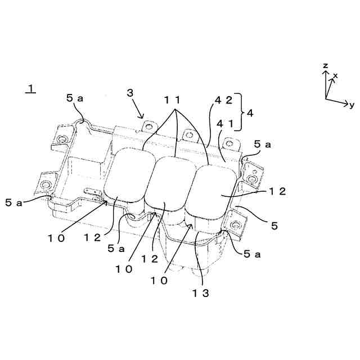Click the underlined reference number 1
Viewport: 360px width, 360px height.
click(x=30, y=88)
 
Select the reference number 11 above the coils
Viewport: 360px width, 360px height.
click(x=172, y=100)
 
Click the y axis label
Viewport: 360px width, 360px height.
click(x=351, y=105)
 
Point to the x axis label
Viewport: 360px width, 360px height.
click(x=336, y=75)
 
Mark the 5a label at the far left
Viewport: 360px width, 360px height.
click(x=14, y=201)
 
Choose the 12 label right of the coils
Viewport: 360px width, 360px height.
click(x=276, y=191)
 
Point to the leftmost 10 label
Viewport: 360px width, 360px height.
click(x=56, y=237)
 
